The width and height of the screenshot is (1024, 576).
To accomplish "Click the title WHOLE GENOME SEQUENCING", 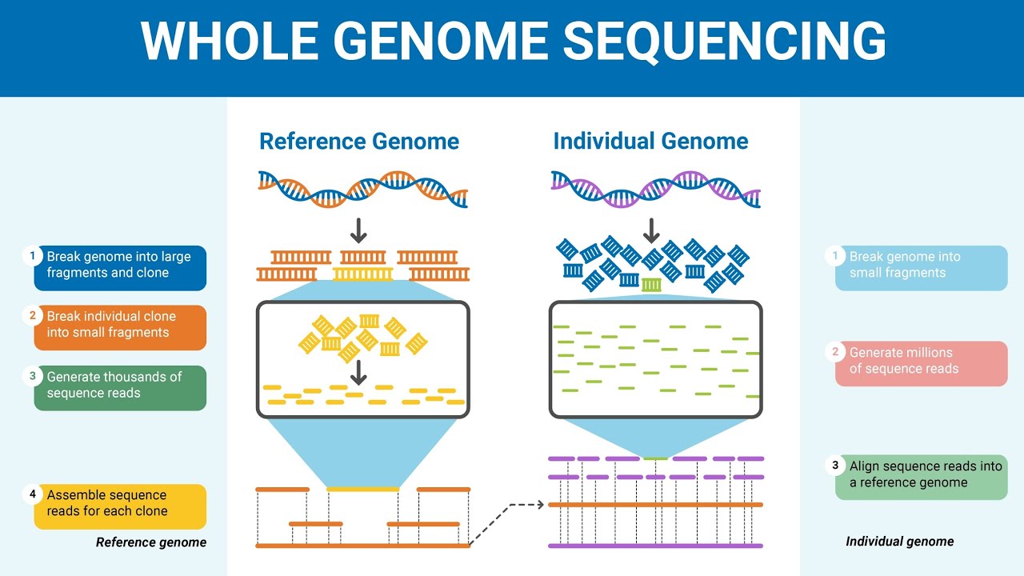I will (512, 40).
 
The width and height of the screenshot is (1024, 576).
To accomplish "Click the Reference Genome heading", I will (358, 142).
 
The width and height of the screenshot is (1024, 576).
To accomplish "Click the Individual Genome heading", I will (650, 142).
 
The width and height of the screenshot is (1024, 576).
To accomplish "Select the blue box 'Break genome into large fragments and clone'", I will (120, 267).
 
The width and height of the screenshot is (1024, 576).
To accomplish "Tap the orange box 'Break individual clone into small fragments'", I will (120, 326).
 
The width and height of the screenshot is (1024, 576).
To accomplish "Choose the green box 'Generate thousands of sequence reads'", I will (120, 387).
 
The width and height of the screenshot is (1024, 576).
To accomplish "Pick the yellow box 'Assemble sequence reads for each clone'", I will (120, 506).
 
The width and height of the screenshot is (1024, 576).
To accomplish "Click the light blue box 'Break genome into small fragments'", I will (922, 267).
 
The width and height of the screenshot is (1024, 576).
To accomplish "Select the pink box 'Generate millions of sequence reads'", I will (922, 363).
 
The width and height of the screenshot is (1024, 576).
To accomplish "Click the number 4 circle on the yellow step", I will (33, 494).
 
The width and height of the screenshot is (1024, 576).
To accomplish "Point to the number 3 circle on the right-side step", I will (835, 466).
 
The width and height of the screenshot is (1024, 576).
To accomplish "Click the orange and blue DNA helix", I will (362, 190).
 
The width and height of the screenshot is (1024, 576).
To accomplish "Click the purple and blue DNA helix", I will (655, 190).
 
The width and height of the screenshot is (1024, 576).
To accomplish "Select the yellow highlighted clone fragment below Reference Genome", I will (362, 274).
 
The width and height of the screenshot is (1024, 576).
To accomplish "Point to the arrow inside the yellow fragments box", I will (358, 372).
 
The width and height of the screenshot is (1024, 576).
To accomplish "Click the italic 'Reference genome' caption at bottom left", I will (150, 542).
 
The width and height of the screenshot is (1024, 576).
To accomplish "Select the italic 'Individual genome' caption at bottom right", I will (899, 542).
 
